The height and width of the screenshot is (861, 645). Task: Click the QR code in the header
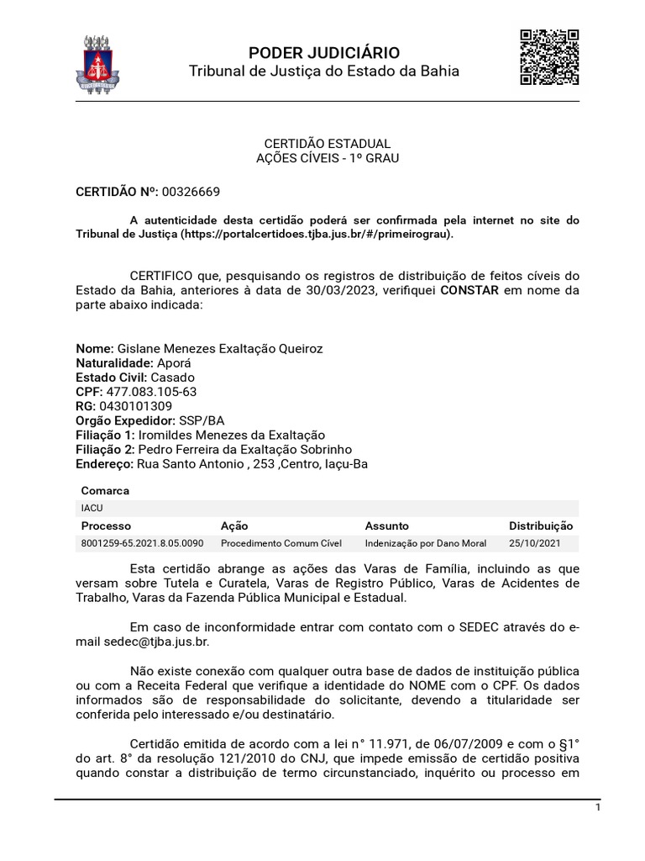[x=549, y=57]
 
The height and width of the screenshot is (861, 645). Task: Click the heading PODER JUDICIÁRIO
[x=323, y=53]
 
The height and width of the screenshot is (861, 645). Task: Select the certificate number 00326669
[x=192, y=192]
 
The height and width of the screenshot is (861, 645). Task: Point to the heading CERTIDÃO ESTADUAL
[x=328, y=144]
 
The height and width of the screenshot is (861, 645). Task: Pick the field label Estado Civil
[x=111, y=378]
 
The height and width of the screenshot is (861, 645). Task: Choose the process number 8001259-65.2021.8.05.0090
[x=142, y=543]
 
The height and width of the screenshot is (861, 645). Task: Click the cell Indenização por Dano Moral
[x=426, y=543]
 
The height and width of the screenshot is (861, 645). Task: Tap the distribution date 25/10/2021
[x=533, y=543]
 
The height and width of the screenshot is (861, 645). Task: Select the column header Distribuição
[x=541, y=526]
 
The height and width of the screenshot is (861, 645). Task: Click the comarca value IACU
[x=92, y=509]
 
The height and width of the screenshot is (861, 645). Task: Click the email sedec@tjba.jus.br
[x=149, y=642]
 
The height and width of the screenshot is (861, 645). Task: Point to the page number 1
[x=597, y=807]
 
